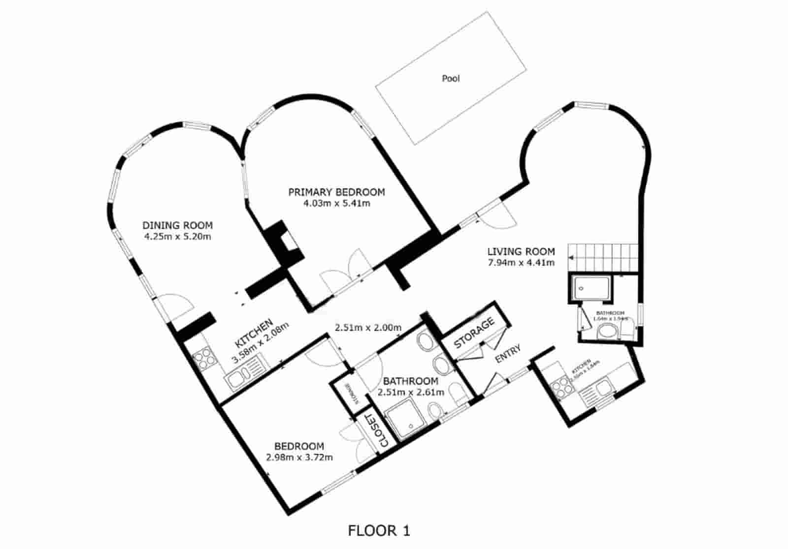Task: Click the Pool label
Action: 451,78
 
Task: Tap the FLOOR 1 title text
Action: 379,531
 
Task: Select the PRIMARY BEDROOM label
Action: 336,192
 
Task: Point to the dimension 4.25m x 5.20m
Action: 177,237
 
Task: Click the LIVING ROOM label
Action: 521,251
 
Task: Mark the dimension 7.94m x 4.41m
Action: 521,263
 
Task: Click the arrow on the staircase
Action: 572,257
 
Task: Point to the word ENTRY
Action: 508,353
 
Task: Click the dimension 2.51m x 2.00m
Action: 368,327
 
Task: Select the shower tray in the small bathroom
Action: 591,288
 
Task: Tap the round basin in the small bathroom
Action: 607,333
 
